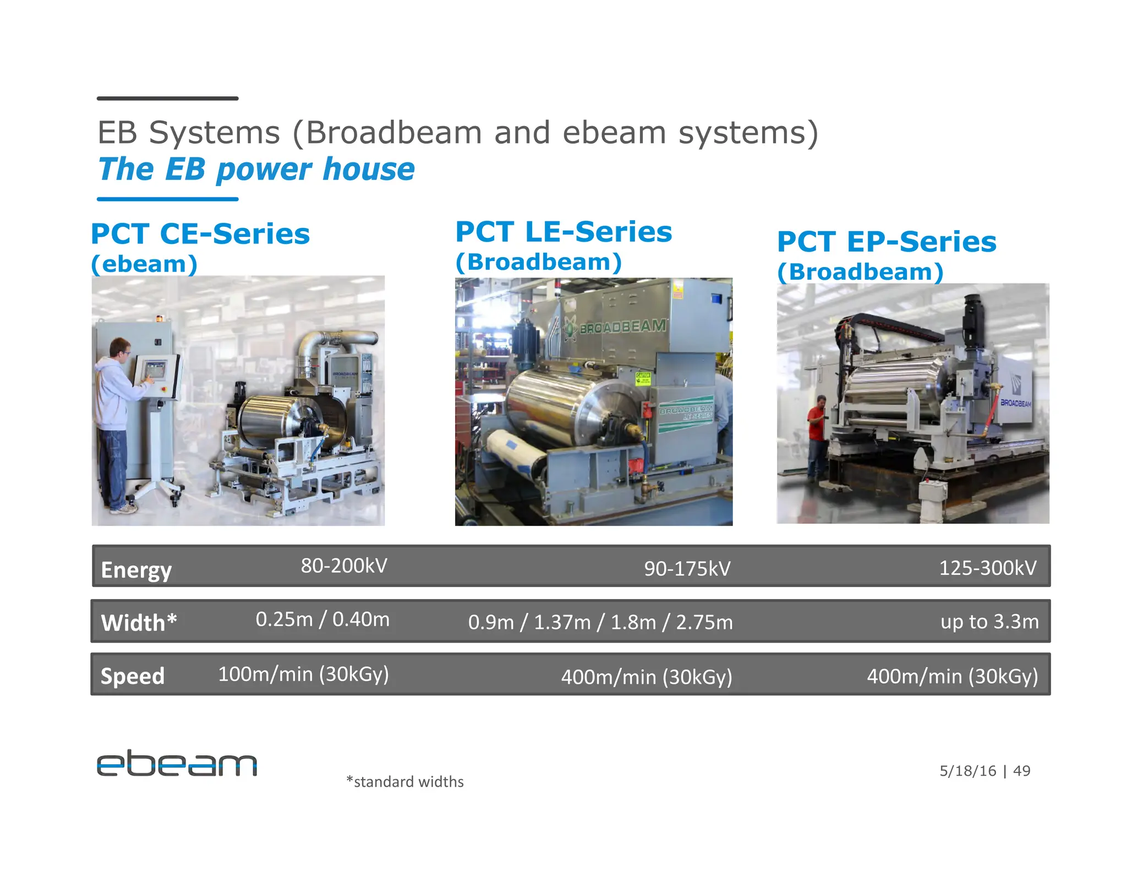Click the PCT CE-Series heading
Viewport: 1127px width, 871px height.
click(x=200, y=234)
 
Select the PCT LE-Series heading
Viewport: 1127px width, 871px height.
click(x=563, y=232)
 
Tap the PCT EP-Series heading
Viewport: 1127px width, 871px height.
click(x=887, y=242)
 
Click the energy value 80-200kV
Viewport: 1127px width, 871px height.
click(x=344, y=566)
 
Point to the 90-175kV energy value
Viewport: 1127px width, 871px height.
click(x=687, y=569)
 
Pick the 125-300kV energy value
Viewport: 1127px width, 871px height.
click(x=987, y=568)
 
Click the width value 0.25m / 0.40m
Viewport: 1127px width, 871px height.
click(x=322, y=619)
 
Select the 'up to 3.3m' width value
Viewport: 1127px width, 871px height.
click(x=989, y=622)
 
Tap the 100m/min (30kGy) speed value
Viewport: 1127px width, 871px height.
click(x=303, y=674)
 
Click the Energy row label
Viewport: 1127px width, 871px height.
click(x=136, y=570)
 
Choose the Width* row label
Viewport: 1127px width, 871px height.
click(x=139, y=623)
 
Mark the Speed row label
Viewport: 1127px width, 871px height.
click(x=133, y=676)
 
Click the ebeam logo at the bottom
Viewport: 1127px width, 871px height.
click(x=177, y=763)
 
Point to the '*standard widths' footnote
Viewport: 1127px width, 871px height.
click(x=404, y=782)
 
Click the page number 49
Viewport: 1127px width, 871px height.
click(x=1021, y=771)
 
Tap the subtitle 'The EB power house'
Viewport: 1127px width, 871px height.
click(x=256, y=169)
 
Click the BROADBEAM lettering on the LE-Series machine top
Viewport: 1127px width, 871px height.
click(x=622, y=327)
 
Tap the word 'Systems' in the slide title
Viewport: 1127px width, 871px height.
click(x=215, y=133)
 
